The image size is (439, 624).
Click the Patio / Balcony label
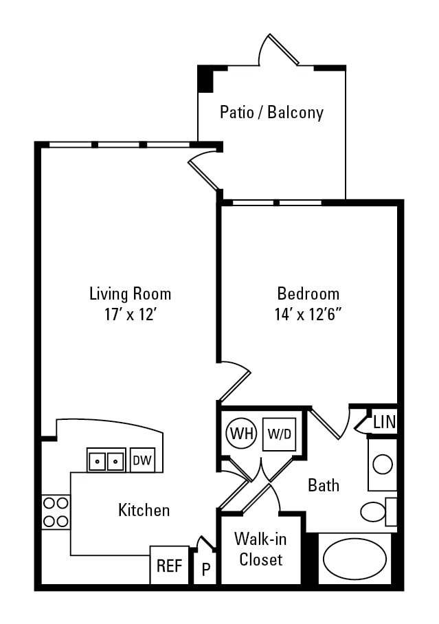[271, 112]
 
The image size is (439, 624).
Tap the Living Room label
[131, 294]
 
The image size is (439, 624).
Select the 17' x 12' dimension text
[131, 315]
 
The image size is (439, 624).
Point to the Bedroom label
[308, 294]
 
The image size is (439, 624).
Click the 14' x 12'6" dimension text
[308, 315]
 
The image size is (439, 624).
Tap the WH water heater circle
[240, 434]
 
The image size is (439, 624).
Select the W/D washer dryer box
[278, 434]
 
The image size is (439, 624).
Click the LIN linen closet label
[384, 422]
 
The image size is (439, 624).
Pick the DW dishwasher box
[142, 460]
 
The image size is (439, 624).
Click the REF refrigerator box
[169, 566]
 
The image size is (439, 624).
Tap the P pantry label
[205, 570]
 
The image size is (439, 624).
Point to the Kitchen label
[144, 510]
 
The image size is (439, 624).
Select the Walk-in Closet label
[258, 548]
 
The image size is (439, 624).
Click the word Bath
[323, 485]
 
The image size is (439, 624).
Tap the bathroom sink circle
[382, 465]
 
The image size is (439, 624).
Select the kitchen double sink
[106, 460]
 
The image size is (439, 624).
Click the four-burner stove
[56, 511]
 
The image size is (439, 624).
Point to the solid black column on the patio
[205, 79]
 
